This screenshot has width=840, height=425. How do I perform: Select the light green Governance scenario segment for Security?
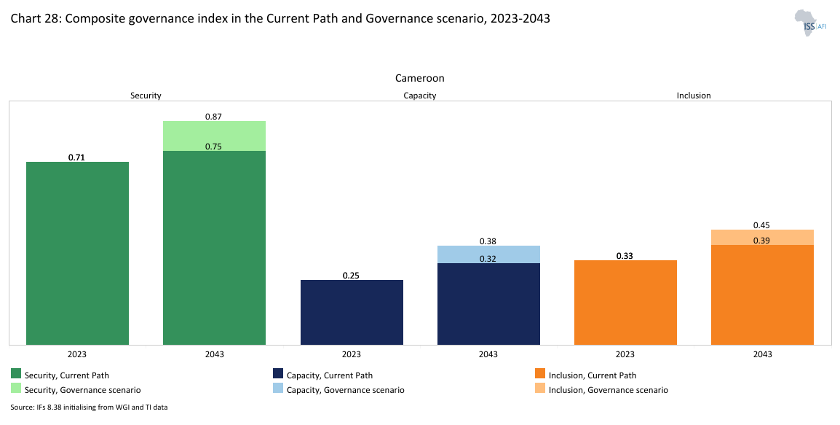point(214,136)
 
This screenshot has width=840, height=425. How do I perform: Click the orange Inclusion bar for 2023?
point(625,302)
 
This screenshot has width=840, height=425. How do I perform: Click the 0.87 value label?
point(214,116)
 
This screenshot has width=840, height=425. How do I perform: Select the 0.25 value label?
point(352,276)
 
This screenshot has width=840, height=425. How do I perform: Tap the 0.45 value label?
point(762,225)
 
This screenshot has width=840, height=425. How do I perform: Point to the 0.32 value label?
point(488,258)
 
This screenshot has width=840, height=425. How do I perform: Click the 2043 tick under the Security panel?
point(214,354)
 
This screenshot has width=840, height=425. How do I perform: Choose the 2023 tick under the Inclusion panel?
point(625,354)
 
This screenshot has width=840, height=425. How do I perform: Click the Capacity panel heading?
point(419,95)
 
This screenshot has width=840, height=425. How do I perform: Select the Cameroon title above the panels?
point(419,78)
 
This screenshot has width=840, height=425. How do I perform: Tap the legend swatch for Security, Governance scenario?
point(16,390)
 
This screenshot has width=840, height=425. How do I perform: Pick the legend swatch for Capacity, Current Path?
point(277,375)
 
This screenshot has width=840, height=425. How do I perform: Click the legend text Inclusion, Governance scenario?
point(608,390)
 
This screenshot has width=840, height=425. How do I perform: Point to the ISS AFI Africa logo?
point(806,23)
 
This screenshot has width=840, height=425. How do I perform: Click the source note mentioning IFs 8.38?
point(89,407)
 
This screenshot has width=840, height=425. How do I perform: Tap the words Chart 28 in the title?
point(33,19)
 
